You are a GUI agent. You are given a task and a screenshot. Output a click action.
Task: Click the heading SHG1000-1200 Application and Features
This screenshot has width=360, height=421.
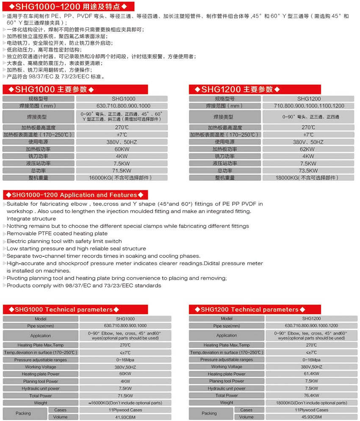76,195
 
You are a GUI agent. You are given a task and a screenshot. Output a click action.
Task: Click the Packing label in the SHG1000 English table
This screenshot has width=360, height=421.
23,413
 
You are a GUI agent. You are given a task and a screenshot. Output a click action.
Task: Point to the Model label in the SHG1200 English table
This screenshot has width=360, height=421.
227,319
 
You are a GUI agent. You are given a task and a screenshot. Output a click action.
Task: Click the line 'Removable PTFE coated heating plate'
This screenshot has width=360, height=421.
57,234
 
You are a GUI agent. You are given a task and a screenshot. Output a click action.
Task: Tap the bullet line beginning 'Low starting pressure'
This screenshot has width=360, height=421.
76,249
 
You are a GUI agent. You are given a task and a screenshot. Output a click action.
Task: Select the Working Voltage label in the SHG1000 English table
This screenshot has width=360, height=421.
41,367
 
